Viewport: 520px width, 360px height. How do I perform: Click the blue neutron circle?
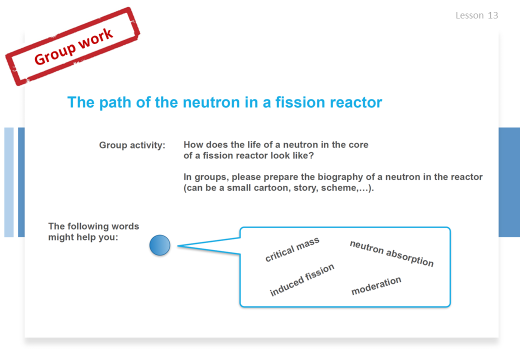click(160, 245)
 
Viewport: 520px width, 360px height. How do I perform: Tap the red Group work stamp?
click(72, 46)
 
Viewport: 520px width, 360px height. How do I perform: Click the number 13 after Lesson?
click(493, 15)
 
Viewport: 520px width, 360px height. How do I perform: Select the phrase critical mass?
click(292, 249)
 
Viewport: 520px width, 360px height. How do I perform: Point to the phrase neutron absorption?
click(391, 253)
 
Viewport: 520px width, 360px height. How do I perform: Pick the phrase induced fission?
click(302, 280)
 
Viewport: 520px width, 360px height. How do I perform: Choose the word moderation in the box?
click(376, 285)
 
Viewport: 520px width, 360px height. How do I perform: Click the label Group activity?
click(132, 145)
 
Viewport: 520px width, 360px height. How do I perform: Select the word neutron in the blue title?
click(211, 102)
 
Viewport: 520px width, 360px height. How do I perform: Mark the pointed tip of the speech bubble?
click(178, 245)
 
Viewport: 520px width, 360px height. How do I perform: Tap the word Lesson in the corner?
click(469, 15)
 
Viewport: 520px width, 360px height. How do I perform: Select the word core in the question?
click(358, 145)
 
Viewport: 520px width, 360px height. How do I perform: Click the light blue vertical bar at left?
click(9, 182)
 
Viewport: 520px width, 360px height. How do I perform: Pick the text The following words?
click(93, 226)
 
